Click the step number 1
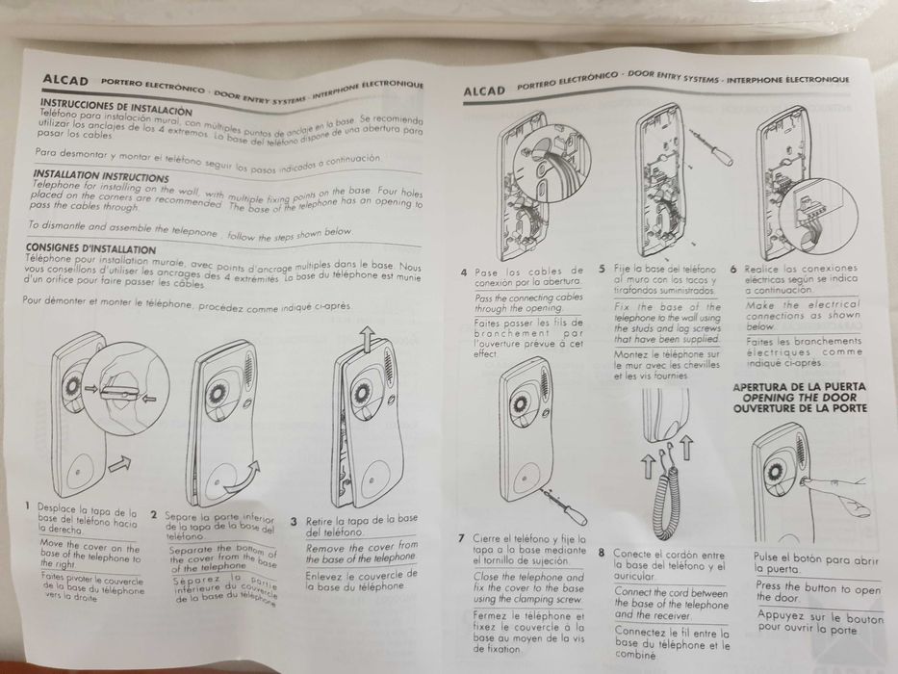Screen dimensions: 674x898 [x=28, y=505]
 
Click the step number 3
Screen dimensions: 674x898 [x=294, y=519]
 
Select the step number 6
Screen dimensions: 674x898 [x=733, y=270]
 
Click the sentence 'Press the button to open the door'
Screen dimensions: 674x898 [x=818, y=589]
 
